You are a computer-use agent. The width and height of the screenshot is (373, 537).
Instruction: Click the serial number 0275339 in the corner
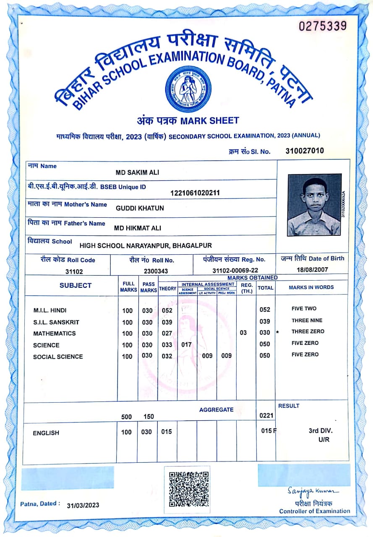(323, 26)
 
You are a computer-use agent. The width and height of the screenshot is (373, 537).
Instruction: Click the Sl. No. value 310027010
(305, 151)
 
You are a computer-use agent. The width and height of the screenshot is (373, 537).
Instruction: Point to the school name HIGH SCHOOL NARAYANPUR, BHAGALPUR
(146, 245)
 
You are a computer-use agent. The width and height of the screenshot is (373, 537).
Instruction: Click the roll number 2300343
(156, 271)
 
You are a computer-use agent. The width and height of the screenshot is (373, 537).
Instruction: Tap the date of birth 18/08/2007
(312, 270)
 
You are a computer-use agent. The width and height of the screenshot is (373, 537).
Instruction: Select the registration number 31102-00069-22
(235, 271)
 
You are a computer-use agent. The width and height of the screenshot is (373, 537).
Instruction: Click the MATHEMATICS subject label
(55, 334)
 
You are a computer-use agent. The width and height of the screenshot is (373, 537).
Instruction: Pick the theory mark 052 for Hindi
(167, 310)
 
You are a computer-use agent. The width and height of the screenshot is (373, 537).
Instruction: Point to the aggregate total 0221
(266, 416)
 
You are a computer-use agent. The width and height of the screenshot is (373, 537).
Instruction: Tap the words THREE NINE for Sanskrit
(307, 321)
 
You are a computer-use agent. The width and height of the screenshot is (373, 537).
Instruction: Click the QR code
(189, 489)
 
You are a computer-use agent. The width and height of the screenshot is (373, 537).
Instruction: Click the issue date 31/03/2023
(83, 505)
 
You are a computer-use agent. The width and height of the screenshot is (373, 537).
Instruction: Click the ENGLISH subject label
(46, 433)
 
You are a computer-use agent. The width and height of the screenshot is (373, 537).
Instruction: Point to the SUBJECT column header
(75, 286)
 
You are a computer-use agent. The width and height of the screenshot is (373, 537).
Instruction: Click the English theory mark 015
(167, 432)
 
